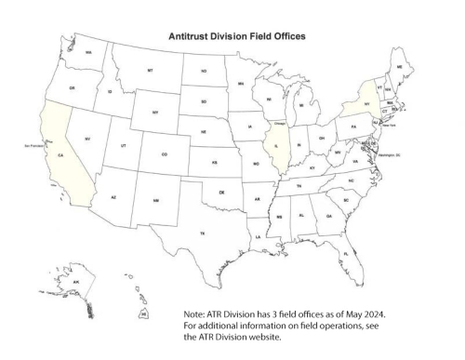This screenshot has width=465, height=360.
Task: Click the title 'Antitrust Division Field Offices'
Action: click(235, 37)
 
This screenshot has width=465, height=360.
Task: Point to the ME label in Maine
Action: click(400, 68)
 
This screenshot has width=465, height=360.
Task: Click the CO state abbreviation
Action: click(165, 154)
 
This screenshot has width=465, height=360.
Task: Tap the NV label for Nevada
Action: click(87, 140)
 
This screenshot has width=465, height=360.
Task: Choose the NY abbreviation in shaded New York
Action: click(368, 104)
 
